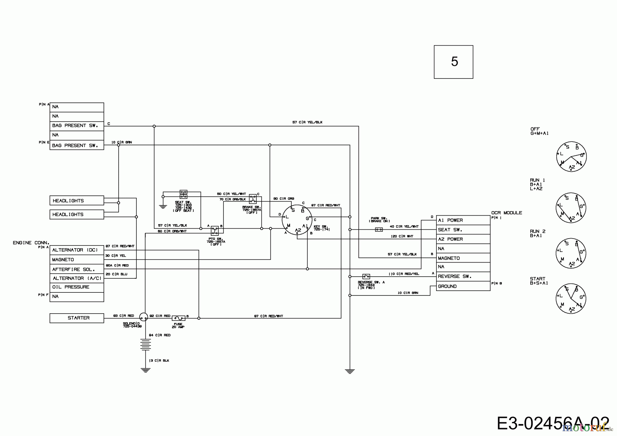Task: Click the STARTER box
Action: (76, 318)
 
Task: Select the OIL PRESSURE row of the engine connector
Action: (76, 287)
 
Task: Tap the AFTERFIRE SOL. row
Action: (76, 269)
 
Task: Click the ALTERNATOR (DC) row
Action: (76, 250)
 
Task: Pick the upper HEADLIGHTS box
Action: (76, 201)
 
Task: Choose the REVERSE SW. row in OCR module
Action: (463, 277)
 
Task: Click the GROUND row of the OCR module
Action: (463, 286)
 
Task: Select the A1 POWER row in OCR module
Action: (463, 220)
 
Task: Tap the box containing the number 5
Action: (453, 62)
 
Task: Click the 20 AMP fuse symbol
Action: (178, 318)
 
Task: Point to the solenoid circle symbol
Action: (144, 317)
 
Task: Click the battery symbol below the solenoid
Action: (146, 344)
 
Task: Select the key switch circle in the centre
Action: (297, 219)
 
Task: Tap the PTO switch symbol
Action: (215, 230)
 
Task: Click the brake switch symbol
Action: (253, 199)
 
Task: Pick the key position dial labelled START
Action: (571, 298)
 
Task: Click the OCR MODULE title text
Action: (506, 213)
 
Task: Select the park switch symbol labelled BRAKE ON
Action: (379, 230)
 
